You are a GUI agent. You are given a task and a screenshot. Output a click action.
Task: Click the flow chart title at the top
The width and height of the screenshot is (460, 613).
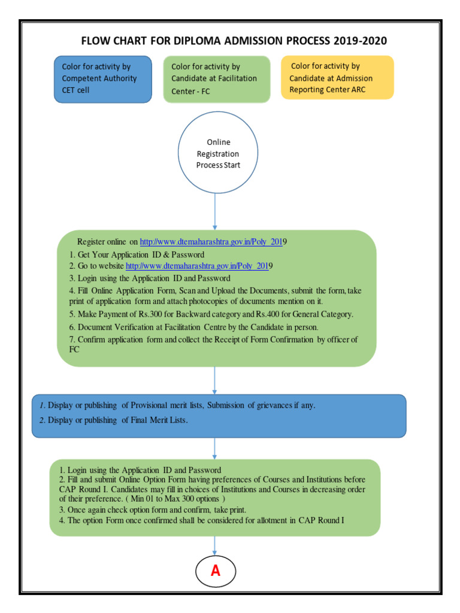pyautogui.click(x=234, y=41)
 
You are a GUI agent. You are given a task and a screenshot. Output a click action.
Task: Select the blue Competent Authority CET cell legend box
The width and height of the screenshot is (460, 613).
pyautogui.click(x=102, y=79)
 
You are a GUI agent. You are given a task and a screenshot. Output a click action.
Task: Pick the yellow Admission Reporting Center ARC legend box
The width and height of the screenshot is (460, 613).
pyautogui.click(x=337, y=78)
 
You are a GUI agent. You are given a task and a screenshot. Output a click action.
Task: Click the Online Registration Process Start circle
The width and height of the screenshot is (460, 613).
pyautogui.click(x=218, y=154)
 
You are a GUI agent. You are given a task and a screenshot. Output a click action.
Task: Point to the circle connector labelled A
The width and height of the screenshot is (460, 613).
pyautogui.click(x=215, y=571)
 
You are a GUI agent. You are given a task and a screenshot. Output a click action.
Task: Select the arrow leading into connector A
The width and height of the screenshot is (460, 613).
pyautogui.click(x=215, y=545)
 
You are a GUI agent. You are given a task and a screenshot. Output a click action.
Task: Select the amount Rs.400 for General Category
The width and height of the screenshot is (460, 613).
pyautogui.click(x=266, y=314)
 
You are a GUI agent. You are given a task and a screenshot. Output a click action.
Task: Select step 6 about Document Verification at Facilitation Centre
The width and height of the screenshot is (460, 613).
pyautogui.click(x=193, y=327)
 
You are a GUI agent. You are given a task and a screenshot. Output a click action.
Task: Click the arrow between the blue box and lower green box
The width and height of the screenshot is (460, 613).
pyautogui.click(x=215, y=448)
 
